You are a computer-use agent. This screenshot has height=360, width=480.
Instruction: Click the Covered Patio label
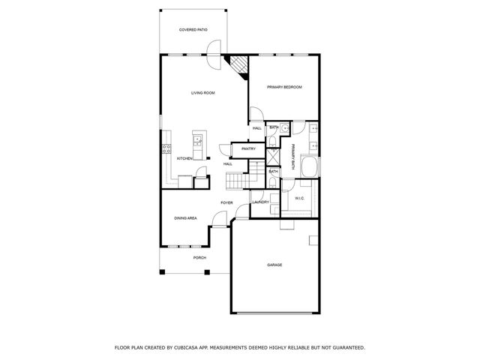pyautogui.click(x=193, y=30)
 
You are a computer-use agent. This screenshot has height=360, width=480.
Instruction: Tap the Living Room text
pyautogui.click(x=202, y=92)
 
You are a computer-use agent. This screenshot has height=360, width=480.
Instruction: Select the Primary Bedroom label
pyautogui.click(x=284, y=88)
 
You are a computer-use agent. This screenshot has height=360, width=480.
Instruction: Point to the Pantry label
pyautogui.click(x=249, y=148)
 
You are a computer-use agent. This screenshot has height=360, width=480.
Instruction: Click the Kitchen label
pyautogui.click(x=184, y=159)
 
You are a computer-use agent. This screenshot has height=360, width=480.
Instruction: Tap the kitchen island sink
pyautogui.click(x=199, y=138)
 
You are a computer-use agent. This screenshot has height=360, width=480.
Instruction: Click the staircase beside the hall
pyautogui.click(x=237, y=181)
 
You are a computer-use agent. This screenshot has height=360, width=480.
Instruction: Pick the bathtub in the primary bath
pyautogui.click(x=308, y=166)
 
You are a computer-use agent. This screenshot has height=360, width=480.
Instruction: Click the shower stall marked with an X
pyautogui.click(x=274, y=157)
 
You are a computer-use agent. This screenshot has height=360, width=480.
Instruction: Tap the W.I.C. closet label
pyautogui.click(x=299, y=199)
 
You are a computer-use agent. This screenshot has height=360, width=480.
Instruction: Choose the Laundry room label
pyautogui.click(x=260, y=202)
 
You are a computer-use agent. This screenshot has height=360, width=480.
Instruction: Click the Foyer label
pyautogui.click(x=226, y=203)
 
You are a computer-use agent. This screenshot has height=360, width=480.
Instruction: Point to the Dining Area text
pyautogui.click(x=185, y=218)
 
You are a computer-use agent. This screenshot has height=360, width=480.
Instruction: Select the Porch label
pyautogui.click(x=199, y=257)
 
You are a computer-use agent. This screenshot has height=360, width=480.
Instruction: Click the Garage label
pyautogui.click(x=274, y=265)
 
